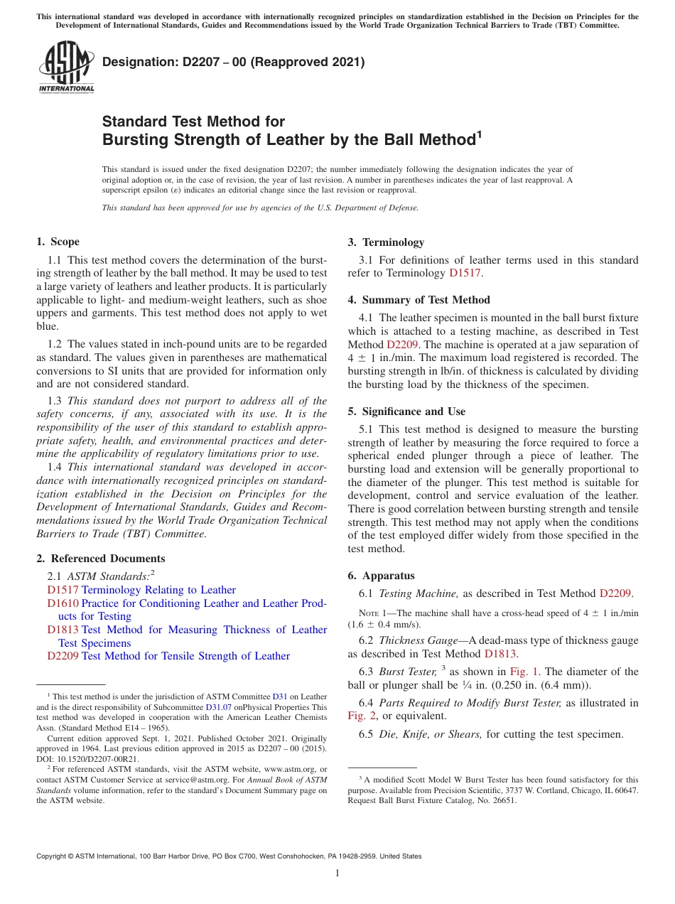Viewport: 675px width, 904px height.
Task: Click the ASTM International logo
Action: tap(66, 68)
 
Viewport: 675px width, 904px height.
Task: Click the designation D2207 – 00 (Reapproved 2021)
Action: tap(233, 63)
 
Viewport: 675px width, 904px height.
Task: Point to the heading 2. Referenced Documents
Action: tap(101, 559)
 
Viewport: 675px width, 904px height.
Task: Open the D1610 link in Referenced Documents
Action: tap(63, 603)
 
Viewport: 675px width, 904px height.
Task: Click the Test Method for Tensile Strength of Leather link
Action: tap(185, 656)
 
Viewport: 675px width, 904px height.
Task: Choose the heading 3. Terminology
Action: tap(386, 242)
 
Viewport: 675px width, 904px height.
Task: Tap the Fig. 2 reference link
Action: tap(360, 716)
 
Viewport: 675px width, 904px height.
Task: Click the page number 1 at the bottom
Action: tap(337, 873)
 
